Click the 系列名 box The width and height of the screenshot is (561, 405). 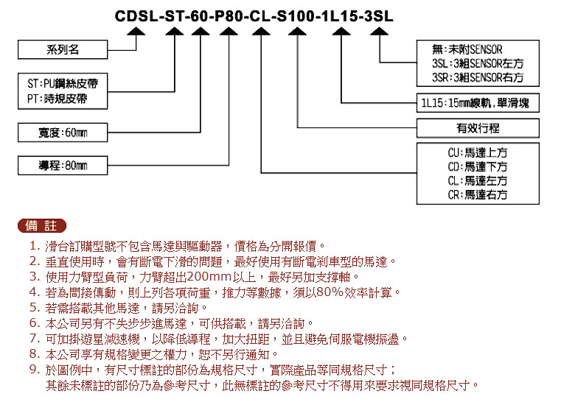tap(63, 49)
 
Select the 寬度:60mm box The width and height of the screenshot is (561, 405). tap(63, 133)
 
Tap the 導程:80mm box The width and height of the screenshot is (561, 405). tap(63, 166)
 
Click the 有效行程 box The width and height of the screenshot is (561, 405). tap(478, 128)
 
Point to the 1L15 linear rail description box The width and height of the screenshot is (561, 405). tap(478, 103)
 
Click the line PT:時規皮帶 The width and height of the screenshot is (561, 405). tap(58, 99)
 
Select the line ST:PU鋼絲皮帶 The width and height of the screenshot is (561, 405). tap(62, 84)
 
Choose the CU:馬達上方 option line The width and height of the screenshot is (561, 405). tap(478, 152)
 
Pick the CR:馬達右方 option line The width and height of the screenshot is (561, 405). tap(478, 195)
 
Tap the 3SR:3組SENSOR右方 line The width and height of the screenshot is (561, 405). tap(478, 77)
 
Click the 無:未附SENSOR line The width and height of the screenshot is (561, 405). tap(467, 49)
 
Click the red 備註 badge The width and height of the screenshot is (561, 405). tap(42, 225)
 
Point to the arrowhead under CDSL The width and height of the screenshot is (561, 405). tap(136, 32)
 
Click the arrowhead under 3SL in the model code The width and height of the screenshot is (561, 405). tap(379, 32)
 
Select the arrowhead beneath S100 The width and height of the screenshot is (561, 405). tap(297, 32)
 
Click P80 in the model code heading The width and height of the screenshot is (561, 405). tap(229, 16)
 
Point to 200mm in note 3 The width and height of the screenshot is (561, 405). tap(209, 277)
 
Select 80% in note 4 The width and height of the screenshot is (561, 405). tap(330, 292)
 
